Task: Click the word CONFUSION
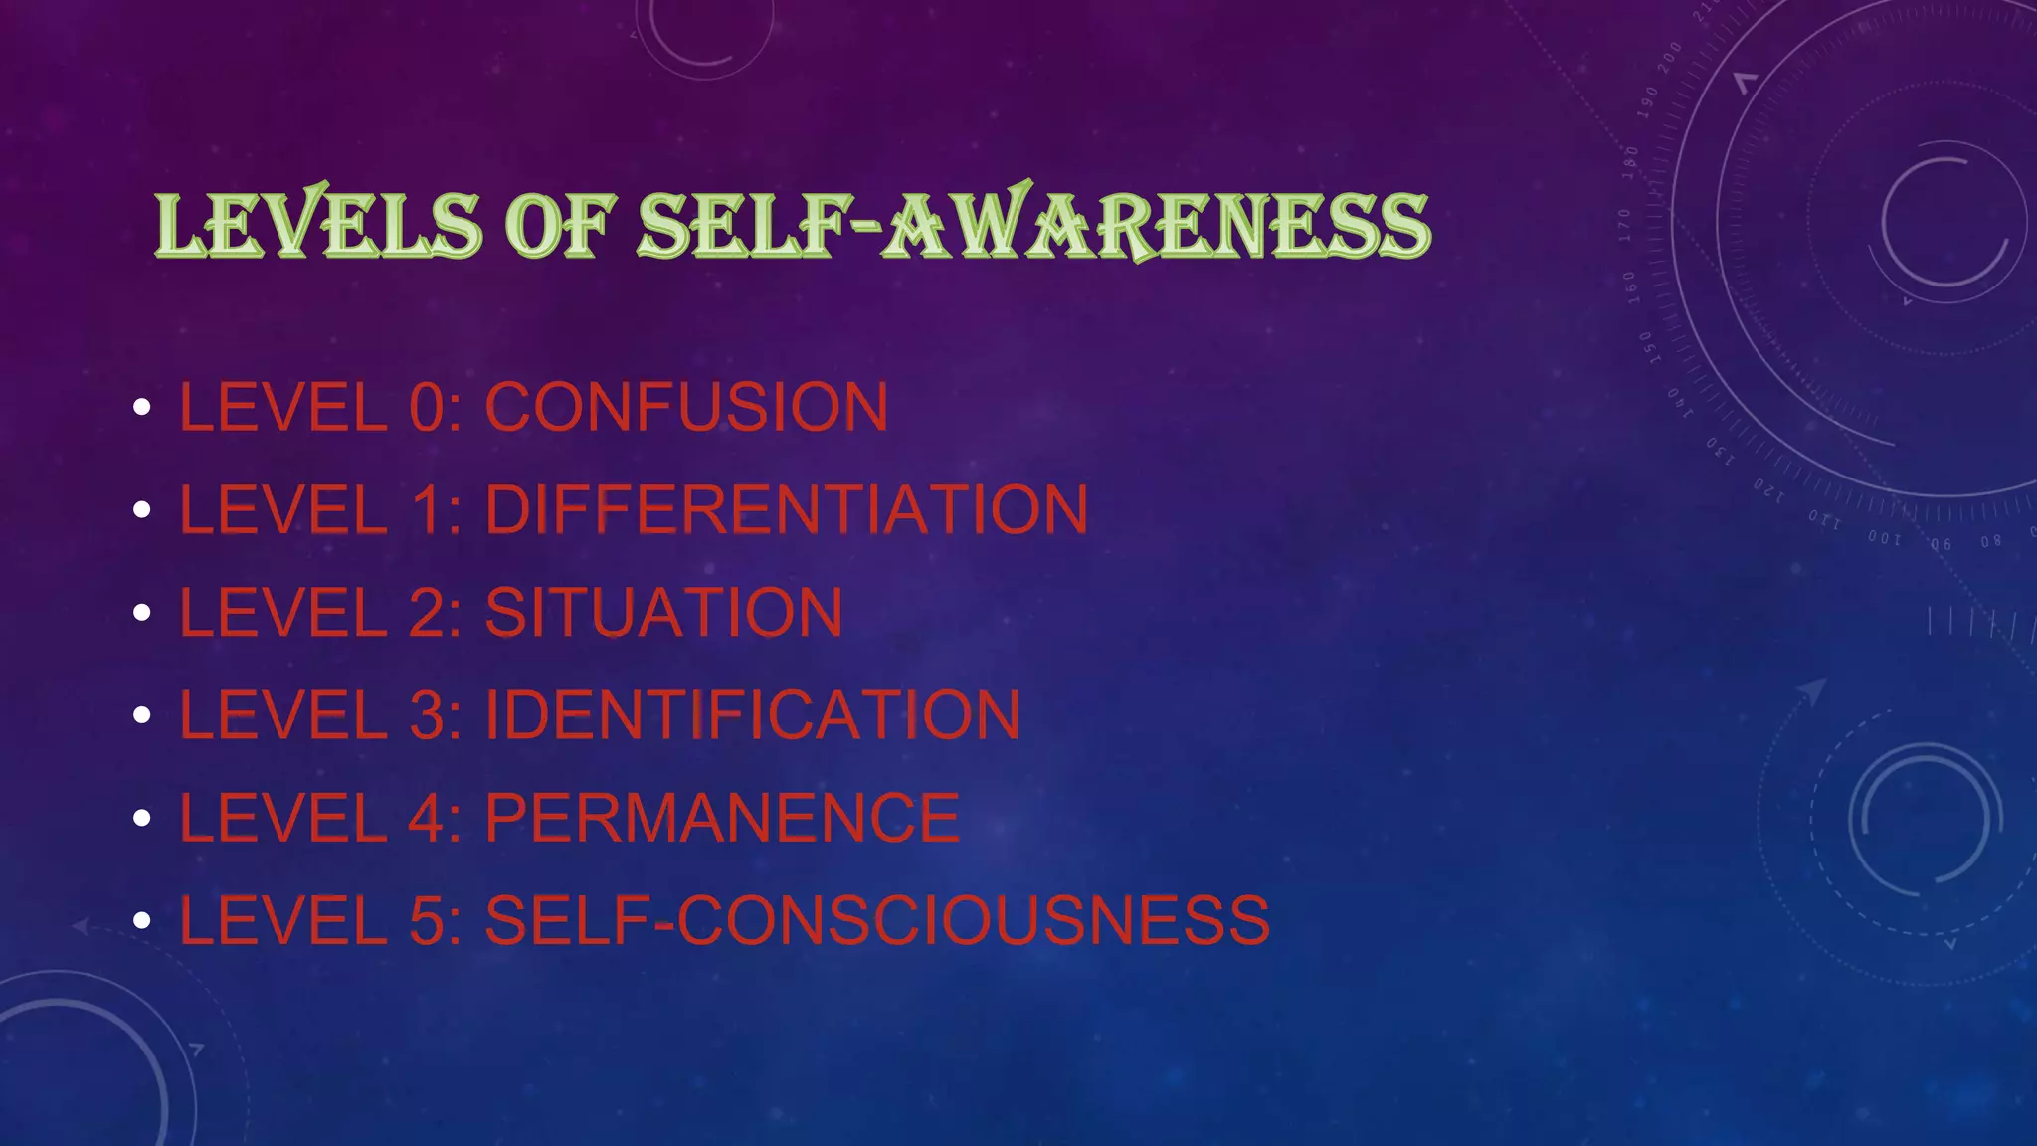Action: pyautogui.click(x=686, y=407)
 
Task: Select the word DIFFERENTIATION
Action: pyautogui.click(x=786, y=509)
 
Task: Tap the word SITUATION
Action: pyautogui.click(x=663, y=612)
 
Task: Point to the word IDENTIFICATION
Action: pyautogui.click(x=752, y=714)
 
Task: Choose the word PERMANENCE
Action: pyautogui.click(x=722, y=818)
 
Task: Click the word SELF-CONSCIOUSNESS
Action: pyautogui.click(x=876, y=920)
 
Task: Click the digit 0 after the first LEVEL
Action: pyautogui.click(x=429, y=407)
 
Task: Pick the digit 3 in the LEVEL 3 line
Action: pyautogui.click(x=429, y=714)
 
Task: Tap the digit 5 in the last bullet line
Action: pyautogui.click(x=429, y=920)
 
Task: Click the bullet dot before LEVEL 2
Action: pyautogui.click(x=142, y=613)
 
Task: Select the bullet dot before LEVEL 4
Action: pyautogui.click(x=142, y=818)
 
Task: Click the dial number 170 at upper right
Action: pyautogui.click(x=1624, y=225)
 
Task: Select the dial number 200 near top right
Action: pyautogui.click(x=1669, y=57)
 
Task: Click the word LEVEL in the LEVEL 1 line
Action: pyautogui.click(x=282, y=509)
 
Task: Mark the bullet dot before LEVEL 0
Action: pyautogui.click(x=142, y=407)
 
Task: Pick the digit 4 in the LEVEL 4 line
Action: pyautogui.click(x=429, y=818)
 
